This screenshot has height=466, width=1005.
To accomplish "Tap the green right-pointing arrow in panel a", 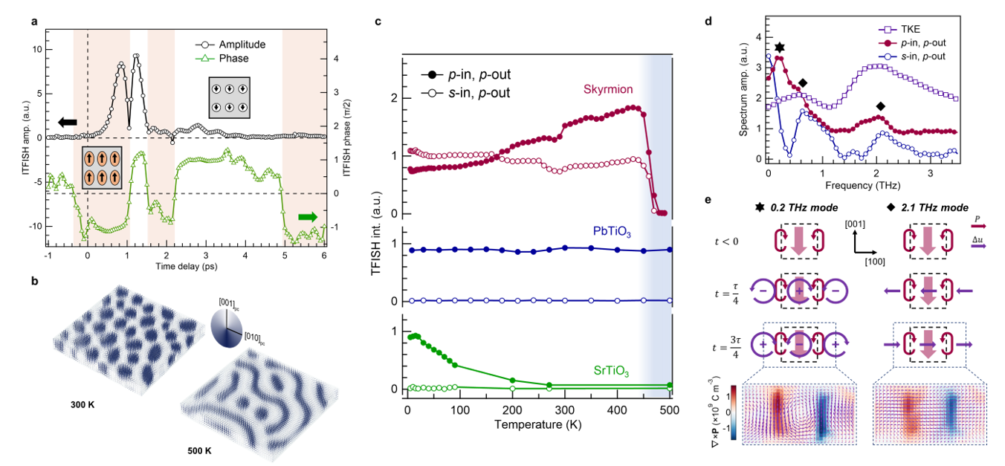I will coord(307,217).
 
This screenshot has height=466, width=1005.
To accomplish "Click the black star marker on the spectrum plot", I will coord(779,48).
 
